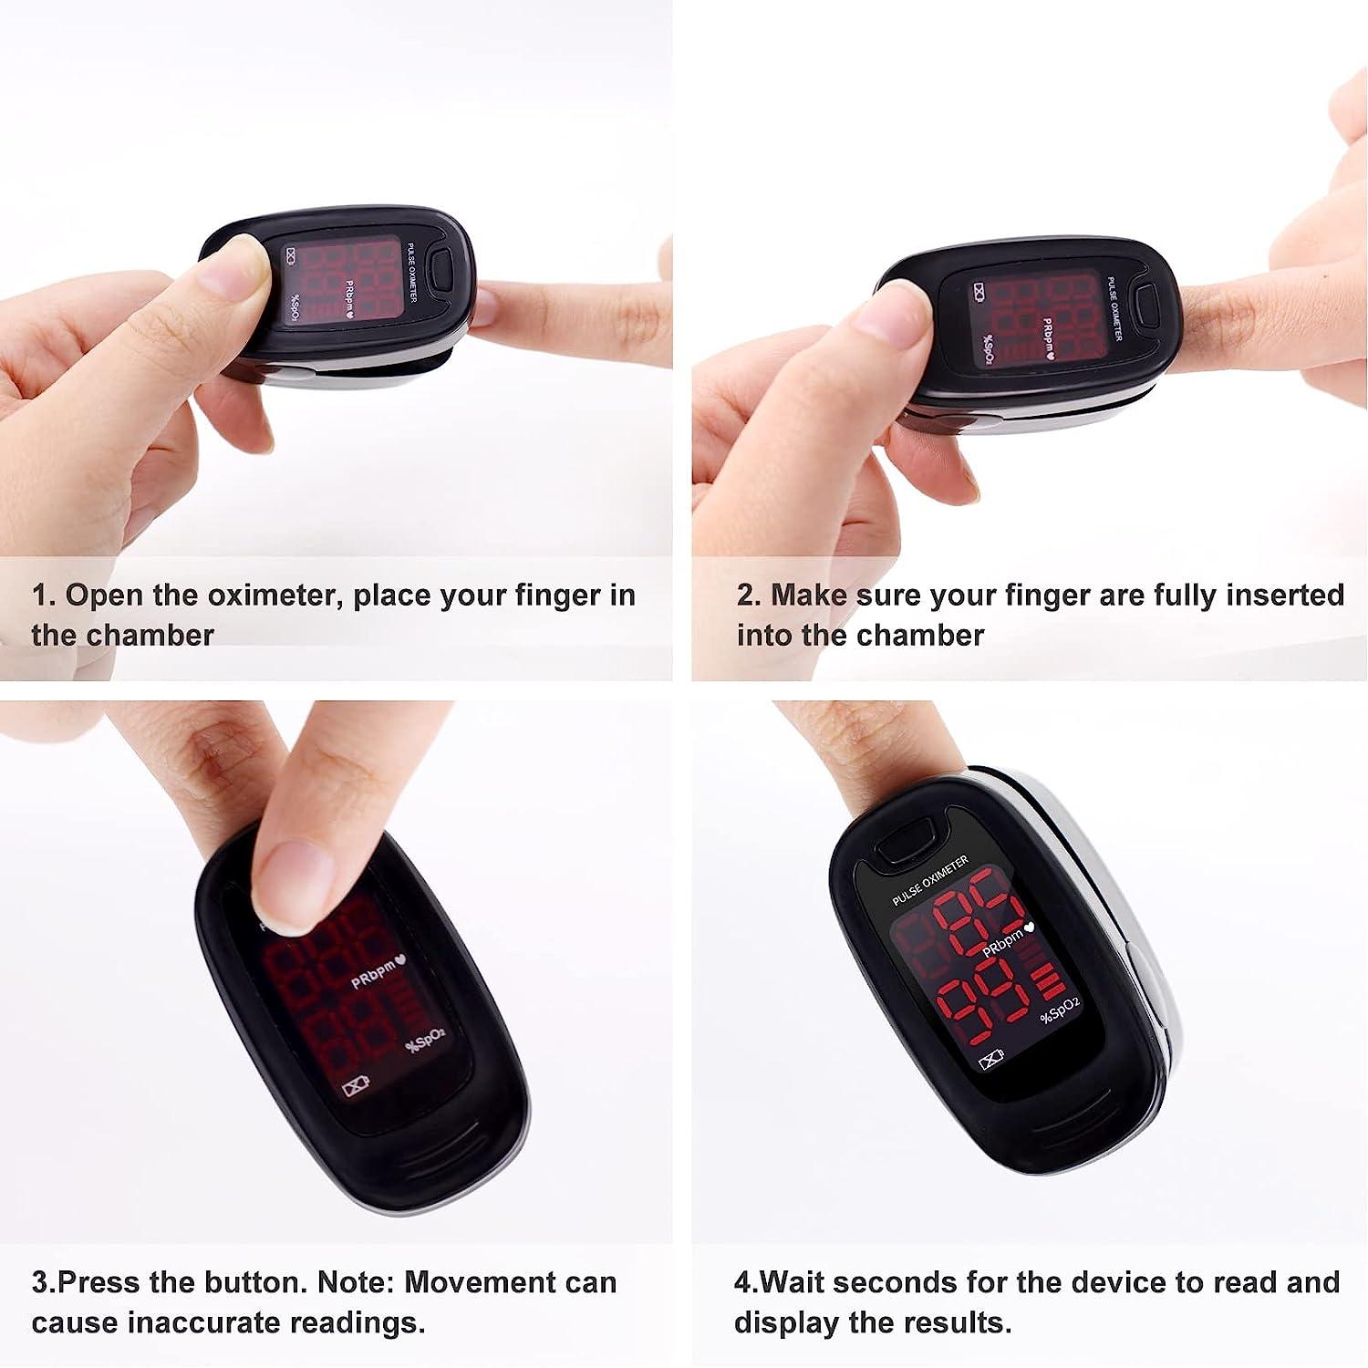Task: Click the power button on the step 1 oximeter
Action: [444, 268]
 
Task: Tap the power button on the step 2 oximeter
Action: [1145, 303]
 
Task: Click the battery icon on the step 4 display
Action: [990, 1060]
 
